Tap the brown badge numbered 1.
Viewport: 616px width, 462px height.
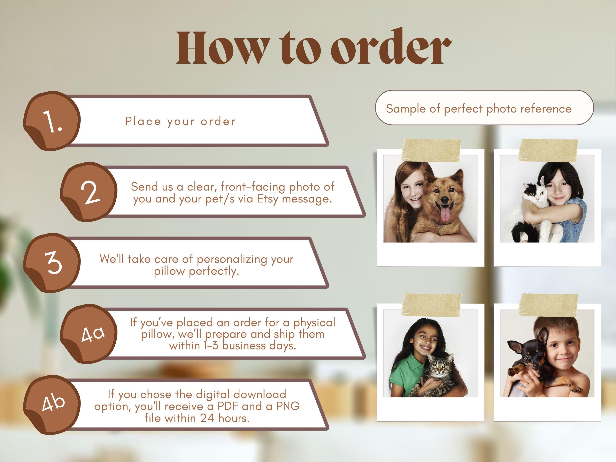click(x=52, y=121)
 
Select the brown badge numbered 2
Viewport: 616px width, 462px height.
click(x=88, y=192)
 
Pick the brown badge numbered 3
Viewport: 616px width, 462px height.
click(x=52, y=263)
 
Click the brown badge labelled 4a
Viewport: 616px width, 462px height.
click(x=88, y=334)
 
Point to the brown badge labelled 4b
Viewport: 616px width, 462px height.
click(x=52, y=405)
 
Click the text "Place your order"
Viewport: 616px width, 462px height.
click(x=180, y=121)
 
